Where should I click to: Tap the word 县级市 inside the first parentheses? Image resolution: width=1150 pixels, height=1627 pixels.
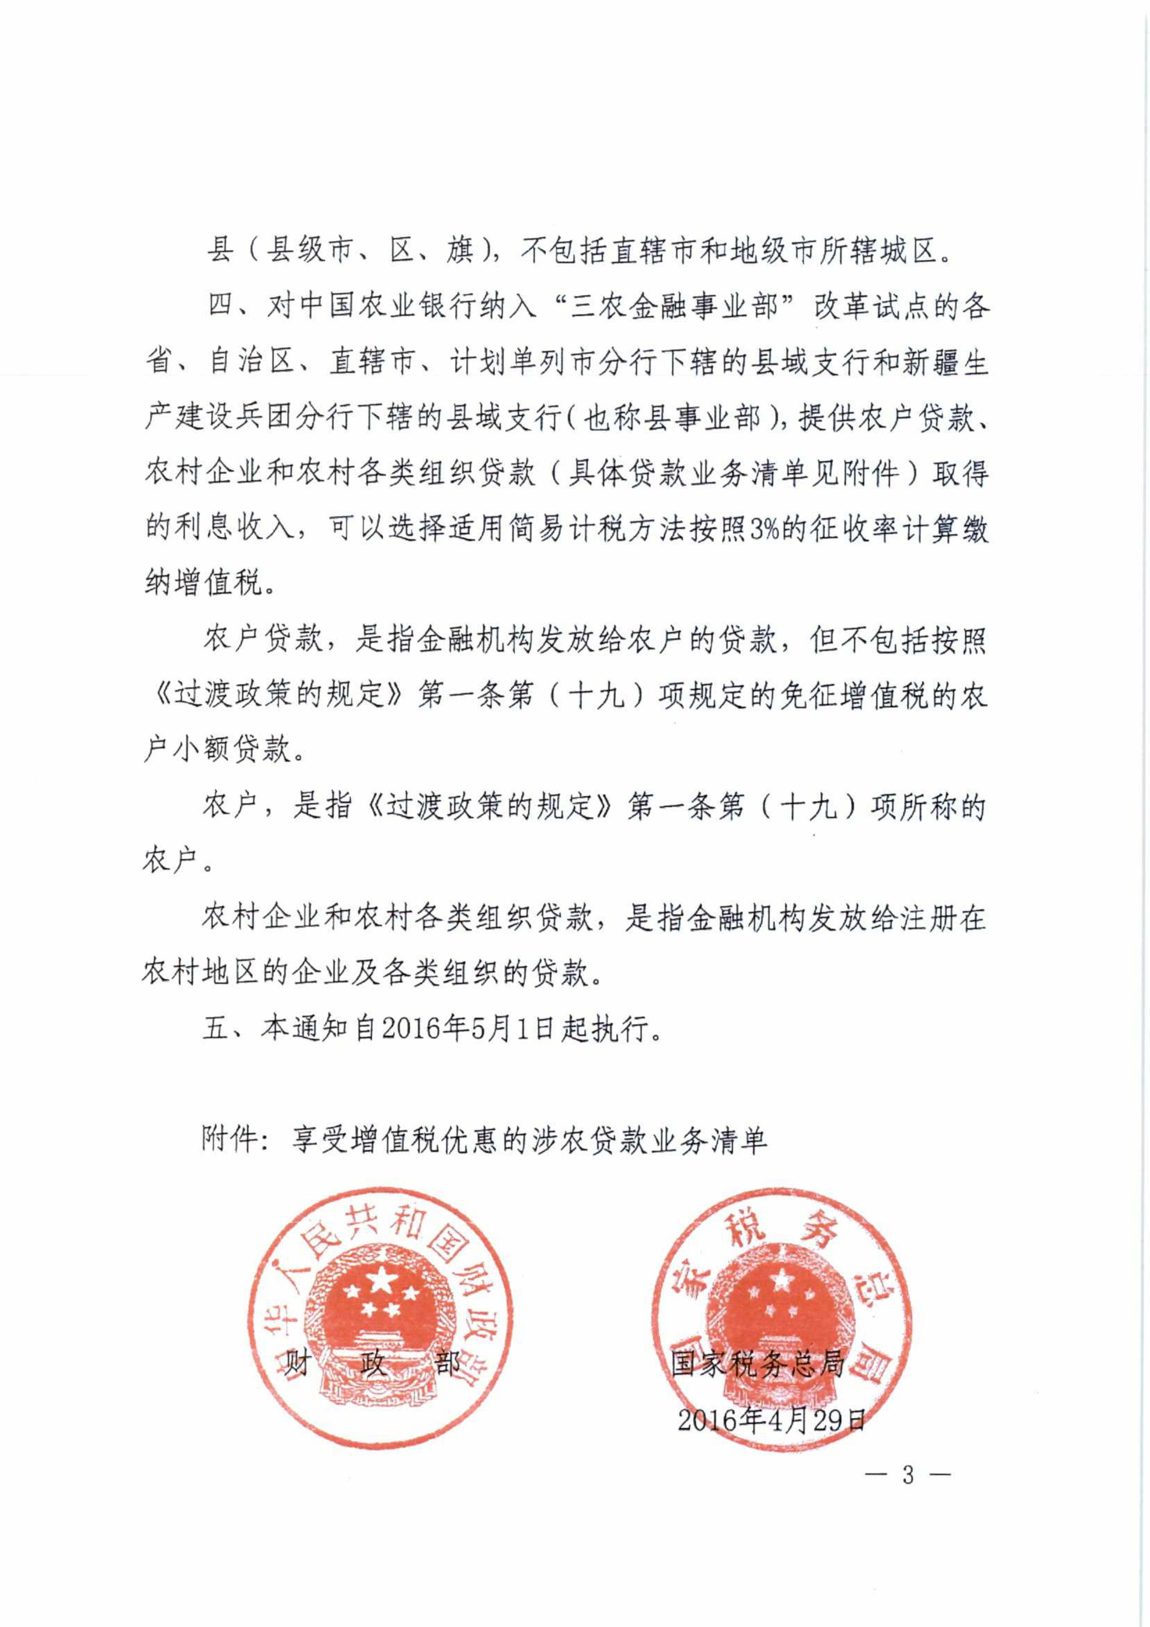[x=308, y=251]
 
